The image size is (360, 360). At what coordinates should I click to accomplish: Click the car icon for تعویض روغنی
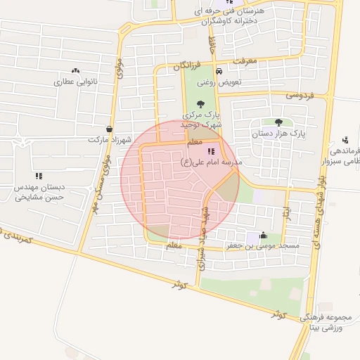[x=219, y=71]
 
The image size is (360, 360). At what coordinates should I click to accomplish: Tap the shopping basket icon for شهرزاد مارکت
[x=109, y=129]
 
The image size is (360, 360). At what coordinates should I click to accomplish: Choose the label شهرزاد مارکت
[x=110, y=139]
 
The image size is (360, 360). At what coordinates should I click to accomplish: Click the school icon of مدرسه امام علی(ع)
[x=212, y=151]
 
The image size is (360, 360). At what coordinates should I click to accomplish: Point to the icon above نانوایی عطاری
[x=76, y=70]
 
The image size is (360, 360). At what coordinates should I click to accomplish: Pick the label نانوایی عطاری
[x=76, y=82]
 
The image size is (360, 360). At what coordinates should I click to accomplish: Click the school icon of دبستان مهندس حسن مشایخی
[x=39, y=176]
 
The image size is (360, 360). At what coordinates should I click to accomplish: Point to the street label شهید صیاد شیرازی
[x=203, y=225]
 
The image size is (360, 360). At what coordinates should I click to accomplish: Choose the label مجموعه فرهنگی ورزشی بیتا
[x=324, y=324]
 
